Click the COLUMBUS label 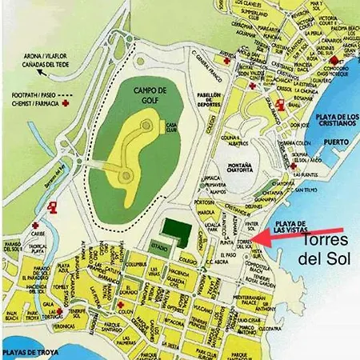[136, 262]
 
